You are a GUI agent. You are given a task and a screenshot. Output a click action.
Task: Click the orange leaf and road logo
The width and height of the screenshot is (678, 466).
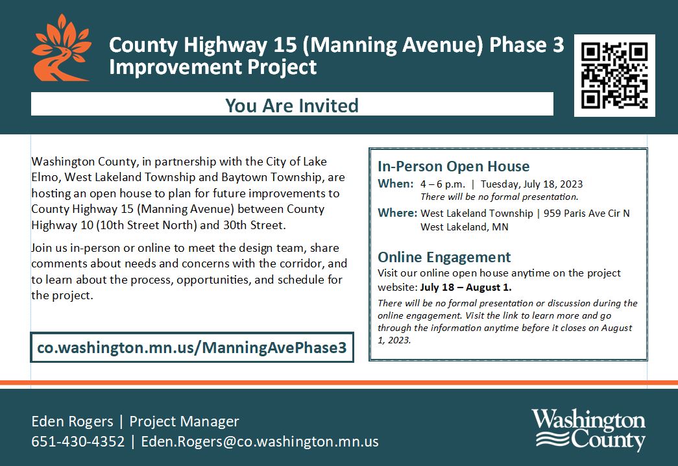click(x=62, y=49)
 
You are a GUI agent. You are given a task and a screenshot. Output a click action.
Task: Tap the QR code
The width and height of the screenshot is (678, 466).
click(x=614, y=75)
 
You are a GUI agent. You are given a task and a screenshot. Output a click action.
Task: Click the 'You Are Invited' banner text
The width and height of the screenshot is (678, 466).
click(x=292, y=106)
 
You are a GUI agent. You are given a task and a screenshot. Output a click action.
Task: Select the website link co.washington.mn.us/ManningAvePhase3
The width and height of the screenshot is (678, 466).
click(x=192, y=347)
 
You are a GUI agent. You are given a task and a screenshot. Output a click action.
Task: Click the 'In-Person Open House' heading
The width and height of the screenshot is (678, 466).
click(x=454, y=166)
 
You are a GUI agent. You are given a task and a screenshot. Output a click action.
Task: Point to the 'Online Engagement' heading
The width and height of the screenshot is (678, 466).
click(x=444, y=257)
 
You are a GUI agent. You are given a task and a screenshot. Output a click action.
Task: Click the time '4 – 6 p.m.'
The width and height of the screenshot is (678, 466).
click(x=442, y=184)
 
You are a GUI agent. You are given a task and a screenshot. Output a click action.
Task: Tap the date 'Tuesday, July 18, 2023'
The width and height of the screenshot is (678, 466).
click(x=531, y=184)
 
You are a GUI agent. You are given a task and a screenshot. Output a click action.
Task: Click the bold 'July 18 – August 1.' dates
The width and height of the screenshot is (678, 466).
click(x=466, y=288)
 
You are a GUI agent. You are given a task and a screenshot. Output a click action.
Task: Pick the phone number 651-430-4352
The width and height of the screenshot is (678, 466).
click(x=78, y=441)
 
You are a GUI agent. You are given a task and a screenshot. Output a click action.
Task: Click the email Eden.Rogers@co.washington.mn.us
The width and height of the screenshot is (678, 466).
click(x=260, y=441)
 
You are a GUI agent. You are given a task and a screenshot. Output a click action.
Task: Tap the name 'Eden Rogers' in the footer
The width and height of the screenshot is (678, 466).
click(x=72, y=421)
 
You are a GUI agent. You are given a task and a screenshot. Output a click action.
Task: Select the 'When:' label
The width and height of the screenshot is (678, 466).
click(x=396, y=184)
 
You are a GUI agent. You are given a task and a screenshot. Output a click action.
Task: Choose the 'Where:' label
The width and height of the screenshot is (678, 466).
click(x=397, y=213)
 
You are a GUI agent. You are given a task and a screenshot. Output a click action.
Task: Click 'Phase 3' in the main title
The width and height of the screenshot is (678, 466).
click(x=527, y=45)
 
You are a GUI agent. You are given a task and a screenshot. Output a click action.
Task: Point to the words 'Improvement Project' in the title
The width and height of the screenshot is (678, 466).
click(x=213, y=67)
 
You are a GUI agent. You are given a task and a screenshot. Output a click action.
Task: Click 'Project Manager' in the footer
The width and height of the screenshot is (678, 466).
click(x=184, y=421)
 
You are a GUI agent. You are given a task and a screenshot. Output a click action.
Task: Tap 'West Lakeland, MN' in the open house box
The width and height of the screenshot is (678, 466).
click(x=465, y=227)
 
